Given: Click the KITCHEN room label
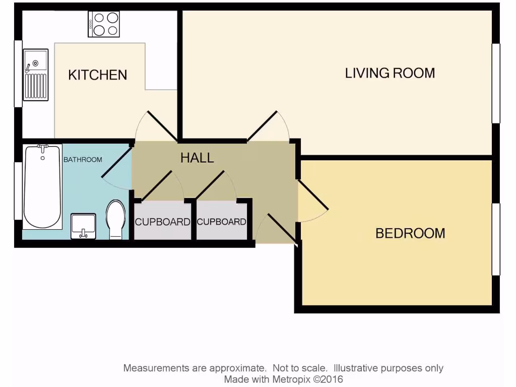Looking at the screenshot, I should pos(97,75).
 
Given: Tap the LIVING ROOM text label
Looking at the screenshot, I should pos(390,73).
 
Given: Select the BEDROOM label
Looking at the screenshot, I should pos(410,233).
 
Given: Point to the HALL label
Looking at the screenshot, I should pos(197,158).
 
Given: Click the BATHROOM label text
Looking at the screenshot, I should pos(83,160).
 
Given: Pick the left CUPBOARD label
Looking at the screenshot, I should pos(162,222).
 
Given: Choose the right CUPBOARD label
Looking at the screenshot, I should pos(222,222).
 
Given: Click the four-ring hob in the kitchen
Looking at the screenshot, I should pos(104,24).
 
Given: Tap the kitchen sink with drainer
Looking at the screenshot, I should pos(35,75).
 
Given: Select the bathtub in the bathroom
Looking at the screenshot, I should pos(42,186).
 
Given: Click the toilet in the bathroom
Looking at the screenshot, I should pos(115,219).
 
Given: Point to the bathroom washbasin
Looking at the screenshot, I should pos(83,225).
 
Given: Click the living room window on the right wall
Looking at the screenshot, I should pos(496,83).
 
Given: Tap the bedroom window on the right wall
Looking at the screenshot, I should pos(496,239).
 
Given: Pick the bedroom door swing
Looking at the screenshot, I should pos(312,202).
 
